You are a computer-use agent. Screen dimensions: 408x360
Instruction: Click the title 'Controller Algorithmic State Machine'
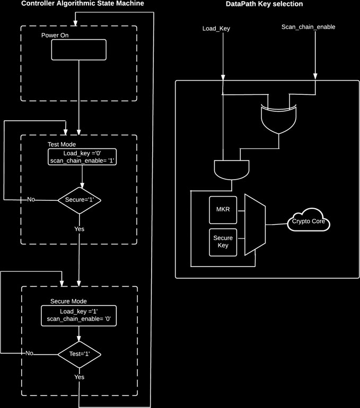pyautogui.click(x=82, y=4)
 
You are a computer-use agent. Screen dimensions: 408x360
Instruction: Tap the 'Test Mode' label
pyautogui.click(x=62, y=144)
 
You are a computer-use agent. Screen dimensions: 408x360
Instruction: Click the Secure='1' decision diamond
pyautogui.click(x=79, y=200)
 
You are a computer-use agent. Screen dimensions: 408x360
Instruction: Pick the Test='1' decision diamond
pyautogui.click(x=79, y=353)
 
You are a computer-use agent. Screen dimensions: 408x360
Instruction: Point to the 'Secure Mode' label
pyautogui.click(x=68, y=301)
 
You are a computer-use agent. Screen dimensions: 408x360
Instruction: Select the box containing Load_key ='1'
pyautogui.click(x=78, y=315)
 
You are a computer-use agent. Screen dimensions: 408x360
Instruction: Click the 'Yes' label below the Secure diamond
pyautogui.click(x=79, y=229)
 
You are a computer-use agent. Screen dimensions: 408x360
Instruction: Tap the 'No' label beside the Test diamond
pyautogui.click(x=30, y=353)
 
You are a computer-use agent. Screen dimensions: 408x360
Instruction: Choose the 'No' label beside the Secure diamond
pyautogui.click(x=32, y=200)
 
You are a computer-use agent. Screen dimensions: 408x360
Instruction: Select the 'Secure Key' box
pyautogui.click(x=223, y=242)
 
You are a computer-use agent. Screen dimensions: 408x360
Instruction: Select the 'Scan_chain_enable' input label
pyautogui.click(x=308, y=27)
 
